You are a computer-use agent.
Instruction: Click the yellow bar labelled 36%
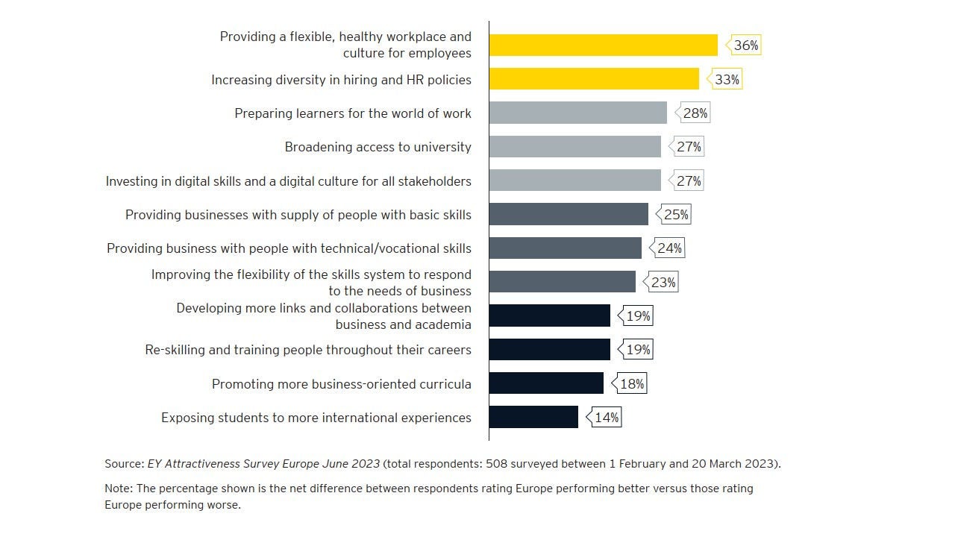(603, 45)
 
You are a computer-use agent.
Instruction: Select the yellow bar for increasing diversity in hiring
(594, 79)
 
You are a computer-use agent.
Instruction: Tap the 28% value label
(695, 113)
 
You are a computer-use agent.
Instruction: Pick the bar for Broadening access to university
(574, 147)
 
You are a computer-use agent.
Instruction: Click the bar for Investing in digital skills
(574, 180)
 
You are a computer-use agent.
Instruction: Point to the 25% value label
(676, 215)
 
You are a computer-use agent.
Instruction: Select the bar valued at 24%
(565, 248)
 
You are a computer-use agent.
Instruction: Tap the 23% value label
(663, 283)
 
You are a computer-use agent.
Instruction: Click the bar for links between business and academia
(549, 315)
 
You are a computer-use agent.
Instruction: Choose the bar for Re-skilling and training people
(549, 350)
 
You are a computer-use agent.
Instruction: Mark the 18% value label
(632, 384)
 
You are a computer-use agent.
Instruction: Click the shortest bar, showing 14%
(533, 417)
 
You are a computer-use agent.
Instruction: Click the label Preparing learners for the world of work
(353, 113)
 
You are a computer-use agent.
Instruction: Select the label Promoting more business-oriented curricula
(341, 384)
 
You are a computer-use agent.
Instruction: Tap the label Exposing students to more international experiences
(316, 418)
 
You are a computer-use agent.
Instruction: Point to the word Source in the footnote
(123, 464)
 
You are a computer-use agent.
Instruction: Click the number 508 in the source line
(498, 464)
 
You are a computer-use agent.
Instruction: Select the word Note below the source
(118, 489)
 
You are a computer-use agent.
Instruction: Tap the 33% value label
(727, 79)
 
